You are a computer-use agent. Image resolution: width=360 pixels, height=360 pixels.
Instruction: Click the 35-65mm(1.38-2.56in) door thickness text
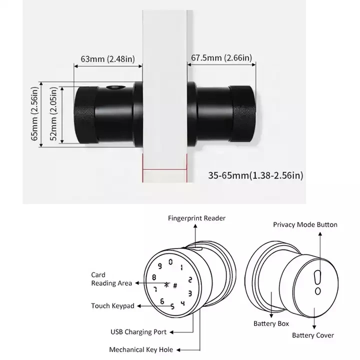(x=255, y=175)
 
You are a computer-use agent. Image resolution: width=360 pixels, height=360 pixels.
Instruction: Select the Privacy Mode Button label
(x=305, y=225)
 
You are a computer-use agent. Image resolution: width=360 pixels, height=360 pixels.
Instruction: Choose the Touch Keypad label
(x=112, y=305)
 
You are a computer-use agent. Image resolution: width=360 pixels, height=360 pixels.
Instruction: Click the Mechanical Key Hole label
(x=138, y=349)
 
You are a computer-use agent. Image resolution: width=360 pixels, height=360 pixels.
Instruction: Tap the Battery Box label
(x=275, y=323)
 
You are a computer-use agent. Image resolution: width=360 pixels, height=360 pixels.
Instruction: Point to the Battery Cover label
(x=313, y=335)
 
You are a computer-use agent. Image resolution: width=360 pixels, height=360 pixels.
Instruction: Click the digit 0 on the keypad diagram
(x=171, y=261)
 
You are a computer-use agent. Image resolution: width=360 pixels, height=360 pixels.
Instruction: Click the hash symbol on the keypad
(x=175, y=285)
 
